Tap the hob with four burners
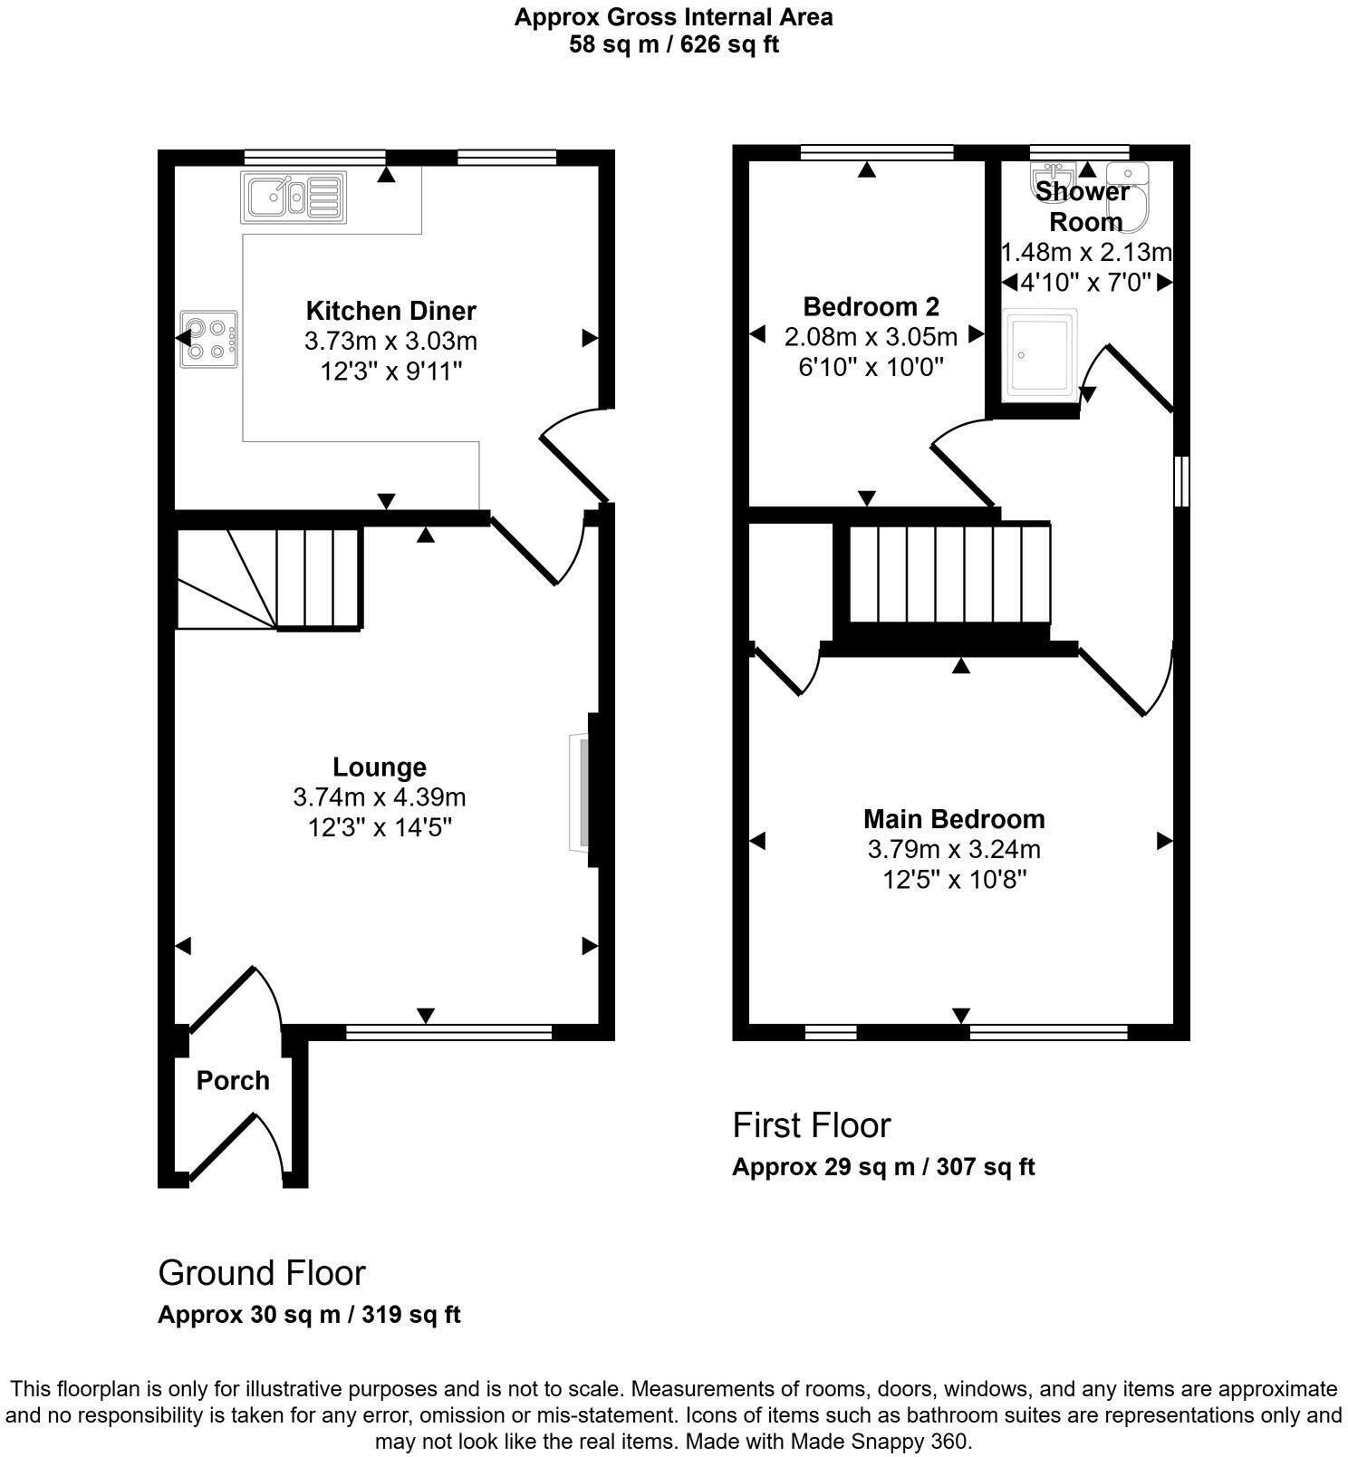(x=209, y=340)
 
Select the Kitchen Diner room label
(x=390, y=311)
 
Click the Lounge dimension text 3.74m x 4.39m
(x=380, y=797)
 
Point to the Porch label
(x=233, y=1080)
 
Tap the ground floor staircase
(x=270, y=580)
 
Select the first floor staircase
(x=949, y=573)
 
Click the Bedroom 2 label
(x=871, y=305)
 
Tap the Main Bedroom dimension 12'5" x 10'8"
(x=954, y=880)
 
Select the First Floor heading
(x=811, y=1125)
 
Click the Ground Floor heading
(x=262, y=1273)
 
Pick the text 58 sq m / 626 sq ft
(x=673, y=44)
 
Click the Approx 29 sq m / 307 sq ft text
(x=882, y=1167)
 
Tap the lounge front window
(x=448, y=1031)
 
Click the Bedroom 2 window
(x=877, y=152)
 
